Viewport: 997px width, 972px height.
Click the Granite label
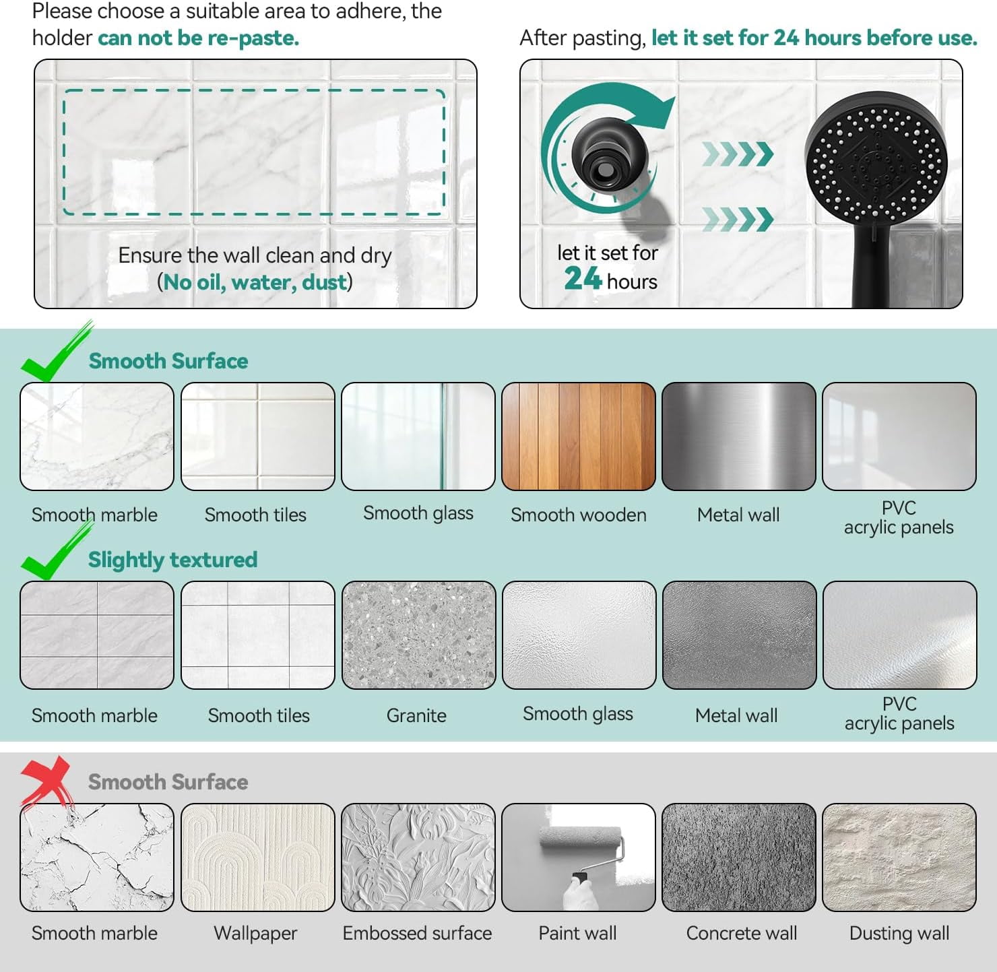coord(416,715)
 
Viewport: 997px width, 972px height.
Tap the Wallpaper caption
coord(255,934)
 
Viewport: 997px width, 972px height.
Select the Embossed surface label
coord(417,933)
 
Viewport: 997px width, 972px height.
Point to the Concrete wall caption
coord(741,933)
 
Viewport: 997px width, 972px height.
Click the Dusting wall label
coord(899,934)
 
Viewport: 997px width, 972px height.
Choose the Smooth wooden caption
coord(579,515)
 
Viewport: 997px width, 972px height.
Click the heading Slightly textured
coord(172,560)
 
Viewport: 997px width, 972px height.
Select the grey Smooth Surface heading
coord(168,782)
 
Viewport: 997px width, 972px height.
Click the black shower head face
coord(876,163)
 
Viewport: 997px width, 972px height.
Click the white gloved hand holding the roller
coord(580,894)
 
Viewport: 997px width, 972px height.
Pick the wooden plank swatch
coord(579,436)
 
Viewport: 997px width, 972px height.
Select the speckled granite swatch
coord(418,635)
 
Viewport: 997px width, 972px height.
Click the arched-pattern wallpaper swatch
coord(258,857)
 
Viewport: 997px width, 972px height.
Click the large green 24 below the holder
coord(583,279)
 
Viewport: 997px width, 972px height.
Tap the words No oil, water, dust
coord(255,282)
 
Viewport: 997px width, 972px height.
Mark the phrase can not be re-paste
coord(198,38)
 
